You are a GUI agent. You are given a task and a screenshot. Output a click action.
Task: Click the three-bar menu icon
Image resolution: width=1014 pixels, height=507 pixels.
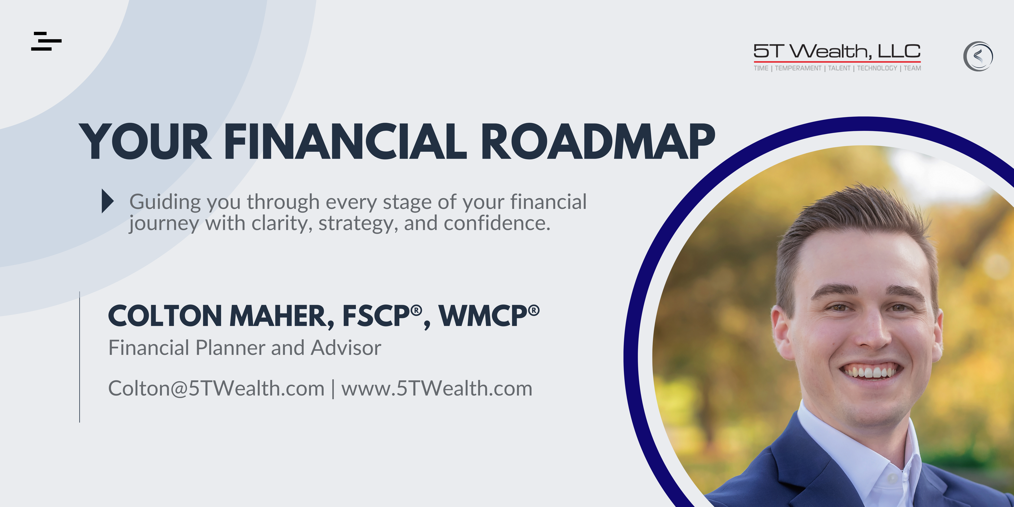tap(46, 41)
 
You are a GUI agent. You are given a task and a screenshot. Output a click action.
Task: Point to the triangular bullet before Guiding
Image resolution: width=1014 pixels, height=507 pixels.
tap(107, 201)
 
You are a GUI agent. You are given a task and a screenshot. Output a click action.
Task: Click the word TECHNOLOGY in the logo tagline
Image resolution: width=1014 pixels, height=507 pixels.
tap(877, 68)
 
